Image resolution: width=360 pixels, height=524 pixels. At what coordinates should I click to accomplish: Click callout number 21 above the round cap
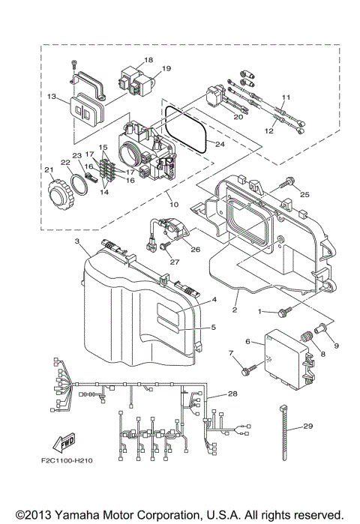pos(49,170)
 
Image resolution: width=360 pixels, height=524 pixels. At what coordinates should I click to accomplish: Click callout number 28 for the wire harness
pos(232,394)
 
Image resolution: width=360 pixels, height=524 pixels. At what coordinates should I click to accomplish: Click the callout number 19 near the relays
pos(166,68)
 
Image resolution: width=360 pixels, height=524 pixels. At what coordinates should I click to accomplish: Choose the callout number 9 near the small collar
pos(336,346)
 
